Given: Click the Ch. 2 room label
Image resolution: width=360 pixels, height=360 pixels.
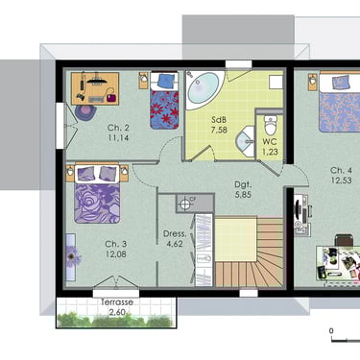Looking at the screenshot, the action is [x=118, y=128].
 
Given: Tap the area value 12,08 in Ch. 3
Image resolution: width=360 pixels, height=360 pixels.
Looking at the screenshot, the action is [x=116, y=254].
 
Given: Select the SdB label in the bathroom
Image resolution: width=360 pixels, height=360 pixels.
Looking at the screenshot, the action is [x=219, y=120].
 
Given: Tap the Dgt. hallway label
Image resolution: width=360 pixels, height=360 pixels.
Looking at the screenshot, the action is [x=243, y=184].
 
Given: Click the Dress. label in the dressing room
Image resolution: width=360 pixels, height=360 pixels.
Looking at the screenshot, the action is [x=175, y=234].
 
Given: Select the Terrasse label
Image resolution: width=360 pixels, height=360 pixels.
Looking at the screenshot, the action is [x=117, y=302].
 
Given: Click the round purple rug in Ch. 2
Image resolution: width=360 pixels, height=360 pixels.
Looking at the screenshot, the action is [x=85, y=112].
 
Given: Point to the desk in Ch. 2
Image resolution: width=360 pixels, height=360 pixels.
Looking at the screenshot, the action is [x=95, y=88].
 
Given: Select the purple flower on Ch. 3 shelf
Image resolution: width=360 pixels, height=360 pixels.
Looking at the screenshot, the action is [x=73, y=256].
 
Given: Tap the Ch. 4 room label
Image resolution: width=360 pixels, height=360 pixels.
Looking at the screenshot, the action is [x=341, y=170].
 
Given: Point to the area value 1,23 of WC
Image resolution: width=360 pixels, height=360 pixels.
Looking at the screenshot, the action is [x=270, y=152].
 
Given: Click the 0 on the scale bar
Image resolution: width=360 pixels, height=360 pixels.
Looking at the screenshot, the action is [x=331, y=331].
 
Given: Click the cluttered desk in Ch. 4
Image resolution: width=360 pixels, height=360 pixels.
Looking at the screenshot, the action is [x=338, y=263].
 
